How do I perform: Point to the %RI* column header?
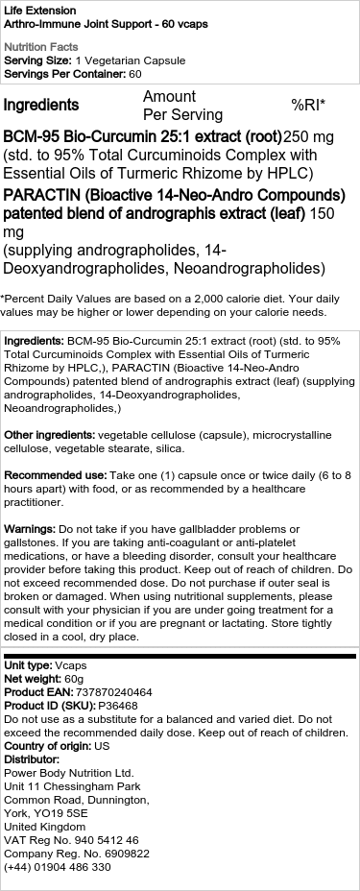(308, 105)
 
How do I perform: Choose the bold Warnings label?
(30, 529)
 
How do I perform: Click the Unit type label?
(28, 664)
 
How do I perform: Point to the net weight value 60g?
(77, 678)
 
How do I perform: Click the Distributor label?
(34, 759)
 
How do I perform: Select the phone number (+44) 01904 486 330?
(58, 866)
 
